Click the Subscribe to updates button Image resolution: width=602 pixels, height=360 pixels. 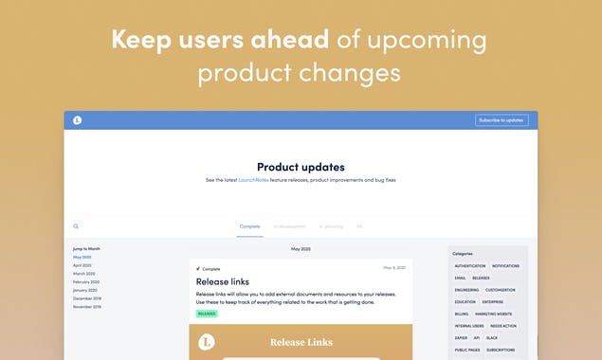pos(502,120)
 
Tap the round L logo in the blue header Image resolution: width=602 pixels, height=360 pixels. pos(78,120)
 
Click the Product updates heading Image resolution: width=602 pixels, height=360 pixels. pos(301,167)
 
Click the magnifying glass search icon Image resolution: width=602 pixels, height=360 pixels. pos(76,226)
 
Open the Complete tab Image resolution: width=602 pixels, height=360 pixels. pos(250,226)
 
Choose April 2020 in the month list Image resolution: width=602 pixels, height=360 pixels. pos(82,265)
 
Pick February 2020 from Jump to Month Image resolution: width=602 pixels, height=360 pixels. pos(86,281)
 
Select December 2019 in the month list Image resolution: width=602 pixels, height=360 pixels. pos(87,298)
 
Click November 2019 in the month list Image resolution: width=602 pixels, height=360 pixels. pos(87,307)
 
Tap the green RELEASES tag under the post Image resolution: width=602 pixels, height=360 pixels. pos(207,313)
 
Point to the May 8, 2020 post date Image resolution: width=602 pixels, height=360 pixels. pos(394,268)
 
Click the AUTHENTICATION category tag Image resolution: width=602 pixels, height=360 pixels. pos(469,266)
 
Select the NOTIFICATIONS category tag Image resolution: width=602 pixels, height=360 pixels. pos(506,266)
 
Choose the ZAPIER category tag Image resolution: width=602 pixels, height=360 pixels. pos(462,337)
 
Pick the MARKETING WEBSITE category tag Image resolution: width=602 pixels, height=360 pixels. pos(494,314)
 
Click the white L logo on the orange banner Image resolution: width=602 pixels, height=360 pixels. pos(207,342)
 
